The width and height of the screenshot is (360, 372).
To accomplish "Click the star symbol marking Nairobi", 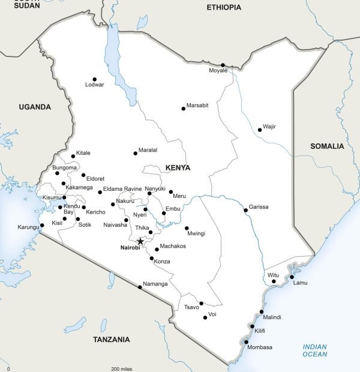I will click(x=140, y=241).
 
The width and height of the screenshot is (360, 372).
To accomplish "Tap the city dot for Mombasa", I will click(x=246, y=342).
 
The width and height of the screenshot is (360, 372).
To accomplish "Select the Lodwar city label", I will click(x=95, y=85).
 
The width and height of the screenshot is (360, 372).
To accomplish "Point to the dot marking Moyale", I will click(x=223, y=65).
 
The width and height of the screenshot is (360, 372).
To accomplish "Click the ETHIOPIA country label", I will click(x=224, y=7).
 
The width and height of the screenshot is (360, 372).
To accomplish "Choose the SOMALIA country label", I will click(x=327, y=146).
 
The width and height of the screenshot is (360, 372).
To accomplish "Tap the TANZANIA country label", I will click(x=111, y=340).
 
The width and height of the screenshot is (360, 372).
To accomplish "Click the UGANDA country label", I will click(x=35, y=107).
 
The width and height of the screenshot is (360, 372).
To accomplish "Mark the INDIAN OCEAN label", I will click(x=315, y=350).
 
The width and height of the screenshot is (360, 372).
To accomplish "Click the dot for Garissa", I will click(x=245, y=210).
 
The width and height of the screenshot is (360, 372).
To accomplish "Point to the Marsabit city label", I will click(x=197, y=106).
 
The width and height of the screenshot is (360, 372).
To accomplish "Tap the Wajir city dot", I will click(x=259, y=129).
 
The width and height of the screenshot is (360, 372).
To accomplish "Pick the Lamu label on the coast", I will click(x=299, y=283).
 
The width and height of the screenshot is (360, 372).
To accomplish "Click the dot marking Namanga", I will click(x=140, y=287).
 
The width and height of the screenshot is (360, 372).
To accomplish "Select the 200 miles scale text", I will click(x=121, y=368).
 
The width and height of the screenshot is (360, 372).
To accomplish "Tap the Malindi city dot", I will click(x=262, y=311).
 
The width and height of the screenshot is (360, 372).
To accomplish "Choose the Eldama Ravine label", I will click(x=122, y=189).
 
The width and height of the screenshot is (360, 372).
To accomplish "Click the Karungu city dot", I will click(x=42, y=226).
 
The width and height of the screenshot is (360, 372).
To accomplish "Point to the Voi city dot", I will click(x=205, y=317).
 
